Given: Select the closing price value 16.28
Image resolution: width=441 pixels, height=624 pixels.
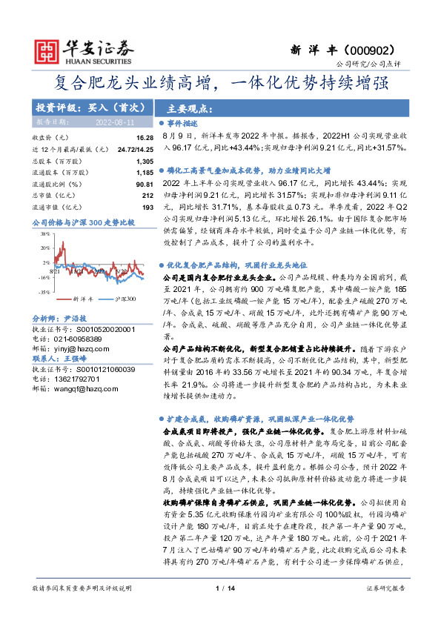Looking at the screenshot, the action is pos(145,138).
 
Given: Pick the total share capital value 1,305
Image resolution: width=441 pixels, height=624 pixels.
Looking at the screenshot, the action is pos(145,161).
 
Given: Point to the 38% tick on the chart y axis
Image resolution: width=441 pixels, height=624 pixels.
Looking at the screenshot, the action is pos(44,232).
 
